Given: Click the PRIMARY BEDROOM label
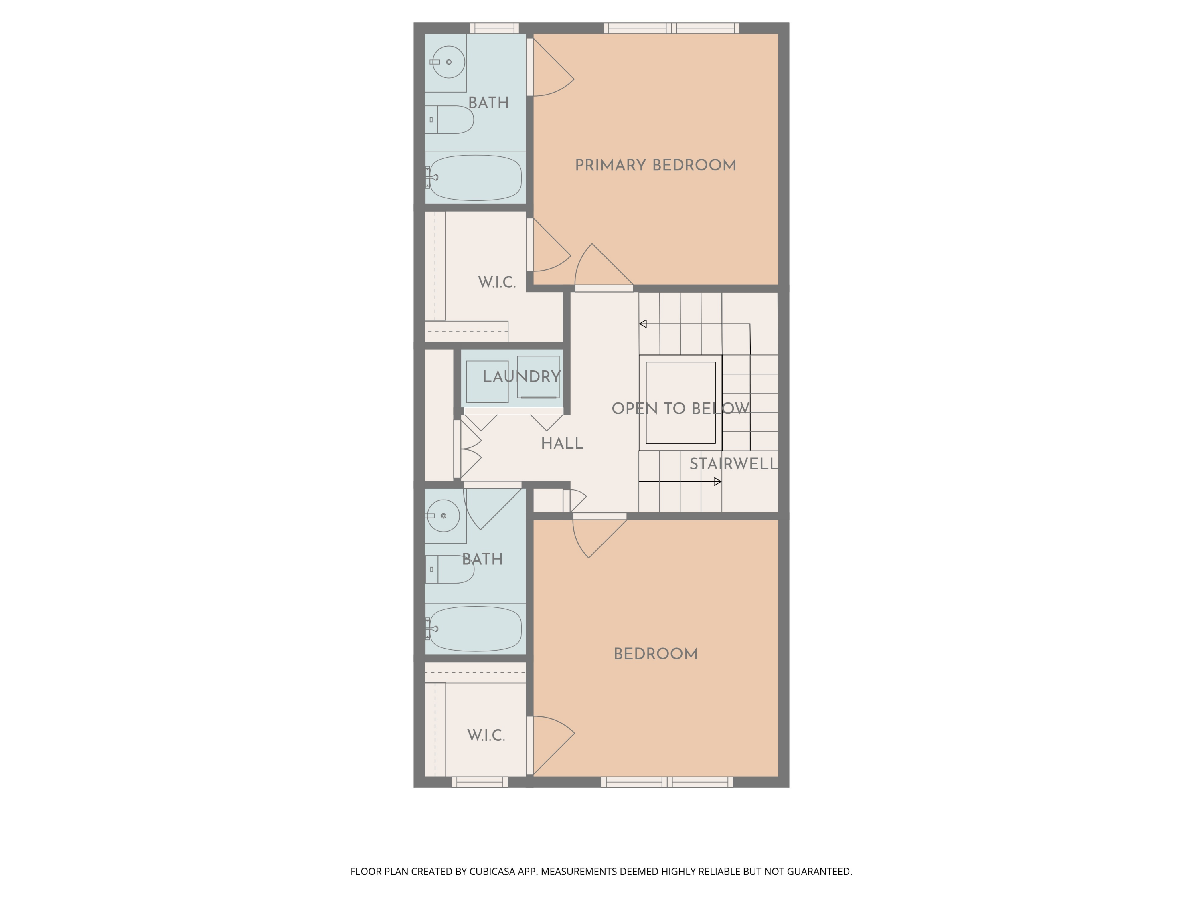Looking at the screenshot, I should [655, 165].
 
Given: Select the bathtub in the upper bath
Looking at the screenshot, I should [475, 177].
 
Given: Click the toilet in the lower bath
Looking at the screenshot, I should [450, 569].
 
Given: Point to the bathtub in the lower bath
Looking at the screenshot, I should [475, 629].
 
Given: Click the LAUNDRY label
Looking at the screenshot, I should [521, 377].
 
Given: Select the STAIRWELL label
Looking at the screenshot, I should [733, 464].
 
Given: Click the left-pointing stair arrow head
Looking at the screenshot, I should [643, 324].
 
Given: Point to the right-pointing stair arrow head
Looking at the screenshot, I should [718, 482].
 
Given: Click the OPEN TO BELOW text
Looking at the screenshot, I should [680, 409].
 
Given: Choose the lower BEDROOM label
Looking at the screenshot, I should [655, 654].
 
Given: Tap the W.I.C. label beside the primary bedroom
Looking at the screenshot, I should [496, 283].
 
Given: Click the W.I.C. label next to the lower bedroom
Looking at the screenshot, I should [486, 736].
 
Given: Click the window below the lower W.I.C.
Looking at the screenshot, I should [479, 782].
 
